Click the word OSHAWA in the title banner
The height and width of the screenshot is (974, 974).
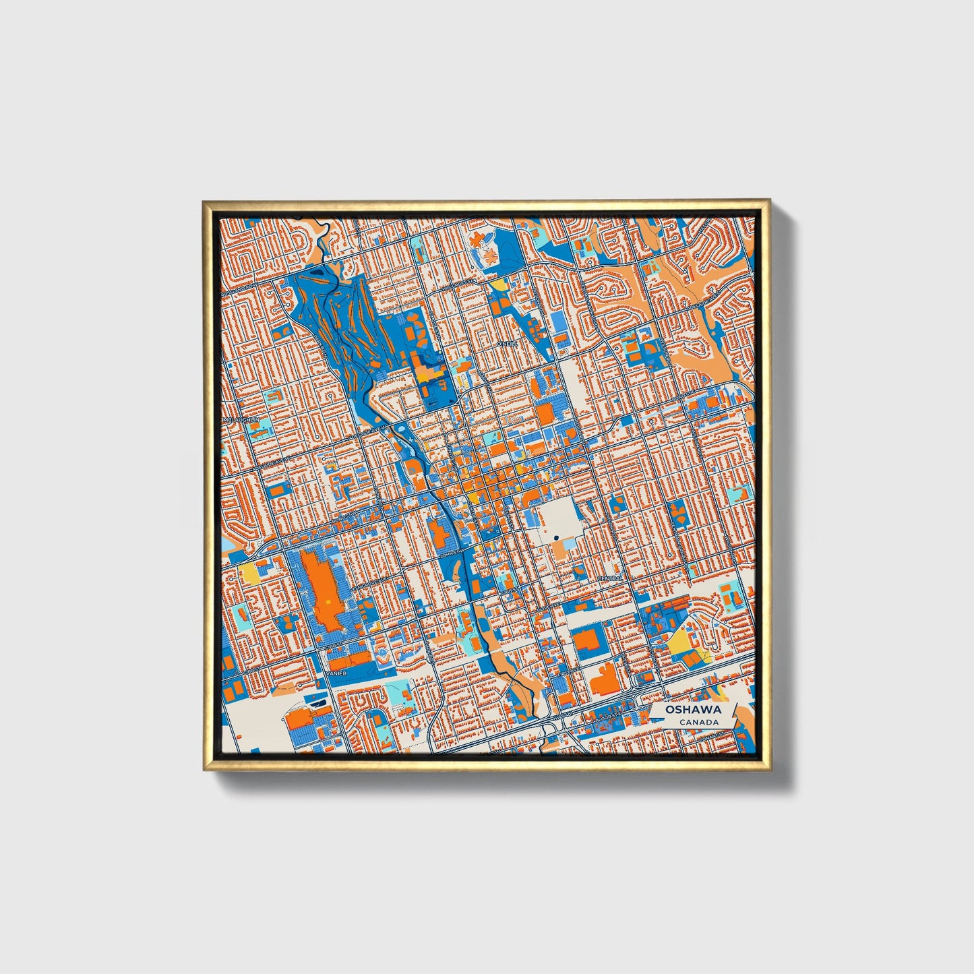click(693, 710)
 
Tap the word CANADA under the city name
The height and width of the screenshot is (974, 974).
click(698, 723)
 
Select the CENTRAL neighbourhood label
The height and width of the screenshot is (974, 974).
click(611, 579)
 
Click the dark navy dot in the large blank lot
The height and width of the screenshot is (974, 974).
click(557, 537)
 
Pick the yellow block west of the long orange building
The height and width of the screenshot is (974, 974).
click(250, 573)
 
